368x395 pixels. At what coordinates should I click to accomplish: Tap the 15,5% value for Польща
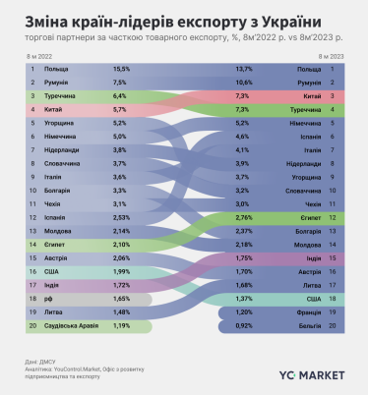(x=121, y=70)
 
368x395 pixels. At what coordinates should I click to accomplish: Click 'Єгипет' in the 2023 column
(x=309, y=215)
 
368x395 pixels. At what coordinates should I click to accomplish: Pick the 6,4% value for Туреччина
(x=121, y=97)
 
